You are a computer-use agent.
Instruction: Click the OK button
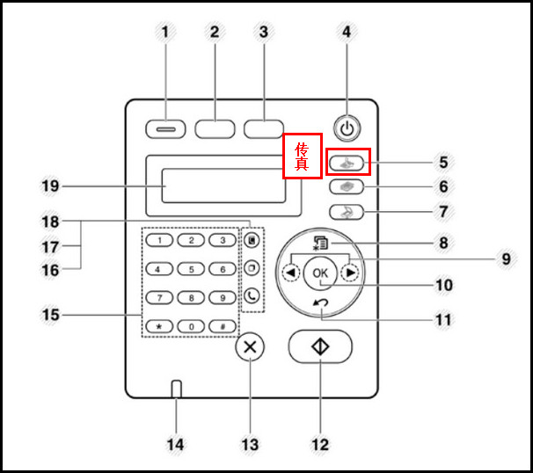point(320,273)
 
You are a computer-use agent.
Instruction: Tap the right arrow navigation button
point(350,273)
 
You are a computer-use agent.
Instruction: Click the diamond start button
point(320,347)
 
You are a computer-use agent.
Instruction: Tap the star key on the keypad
point(158,326)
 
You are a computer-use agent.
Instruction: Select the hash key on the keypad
point(223,326)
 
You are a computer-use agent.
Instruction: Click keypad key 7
point(158,297)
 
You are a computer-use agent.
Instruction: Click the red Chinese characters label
point(302,156)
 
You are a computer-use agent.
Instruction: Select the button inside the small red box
point(348,162)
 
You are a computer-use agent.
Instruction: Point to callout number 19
point(50,186)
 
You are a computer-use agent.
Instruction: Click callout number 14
point(176,444)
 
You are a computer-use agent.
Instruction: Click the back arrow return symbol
point(320,303)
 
